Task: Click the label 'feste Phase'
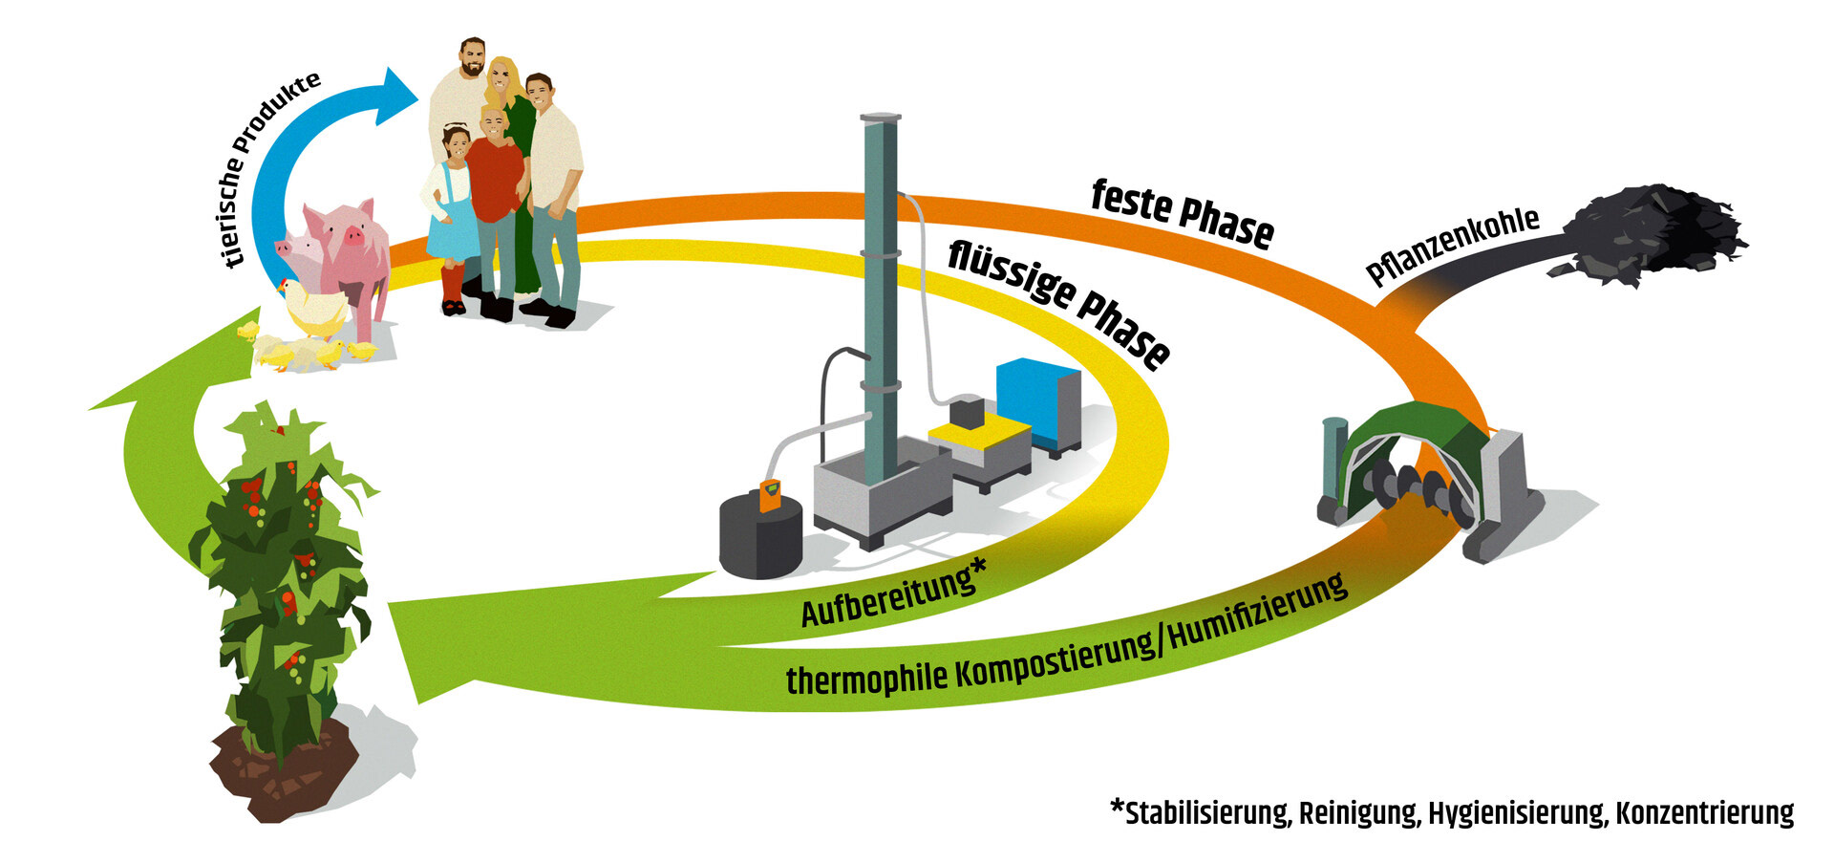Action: click(x=1182, y=214)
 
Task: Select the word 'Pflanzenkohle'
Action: click(x=1452, y=246)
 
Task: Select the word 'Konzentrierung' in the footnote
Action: click(x=1704, y=813)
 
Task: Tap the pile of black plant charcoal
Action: click(x=1657, y=234)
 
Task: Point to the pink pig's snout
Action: click(x=352, y=234)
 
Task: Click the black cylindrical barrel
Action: click(x=759, y=539)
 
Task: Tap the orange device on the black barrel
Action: click(x=770, y=496)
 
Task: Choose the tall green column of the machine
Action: click(x=880, y=287)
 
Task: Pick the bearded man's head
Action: click(x=473, y=59)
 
